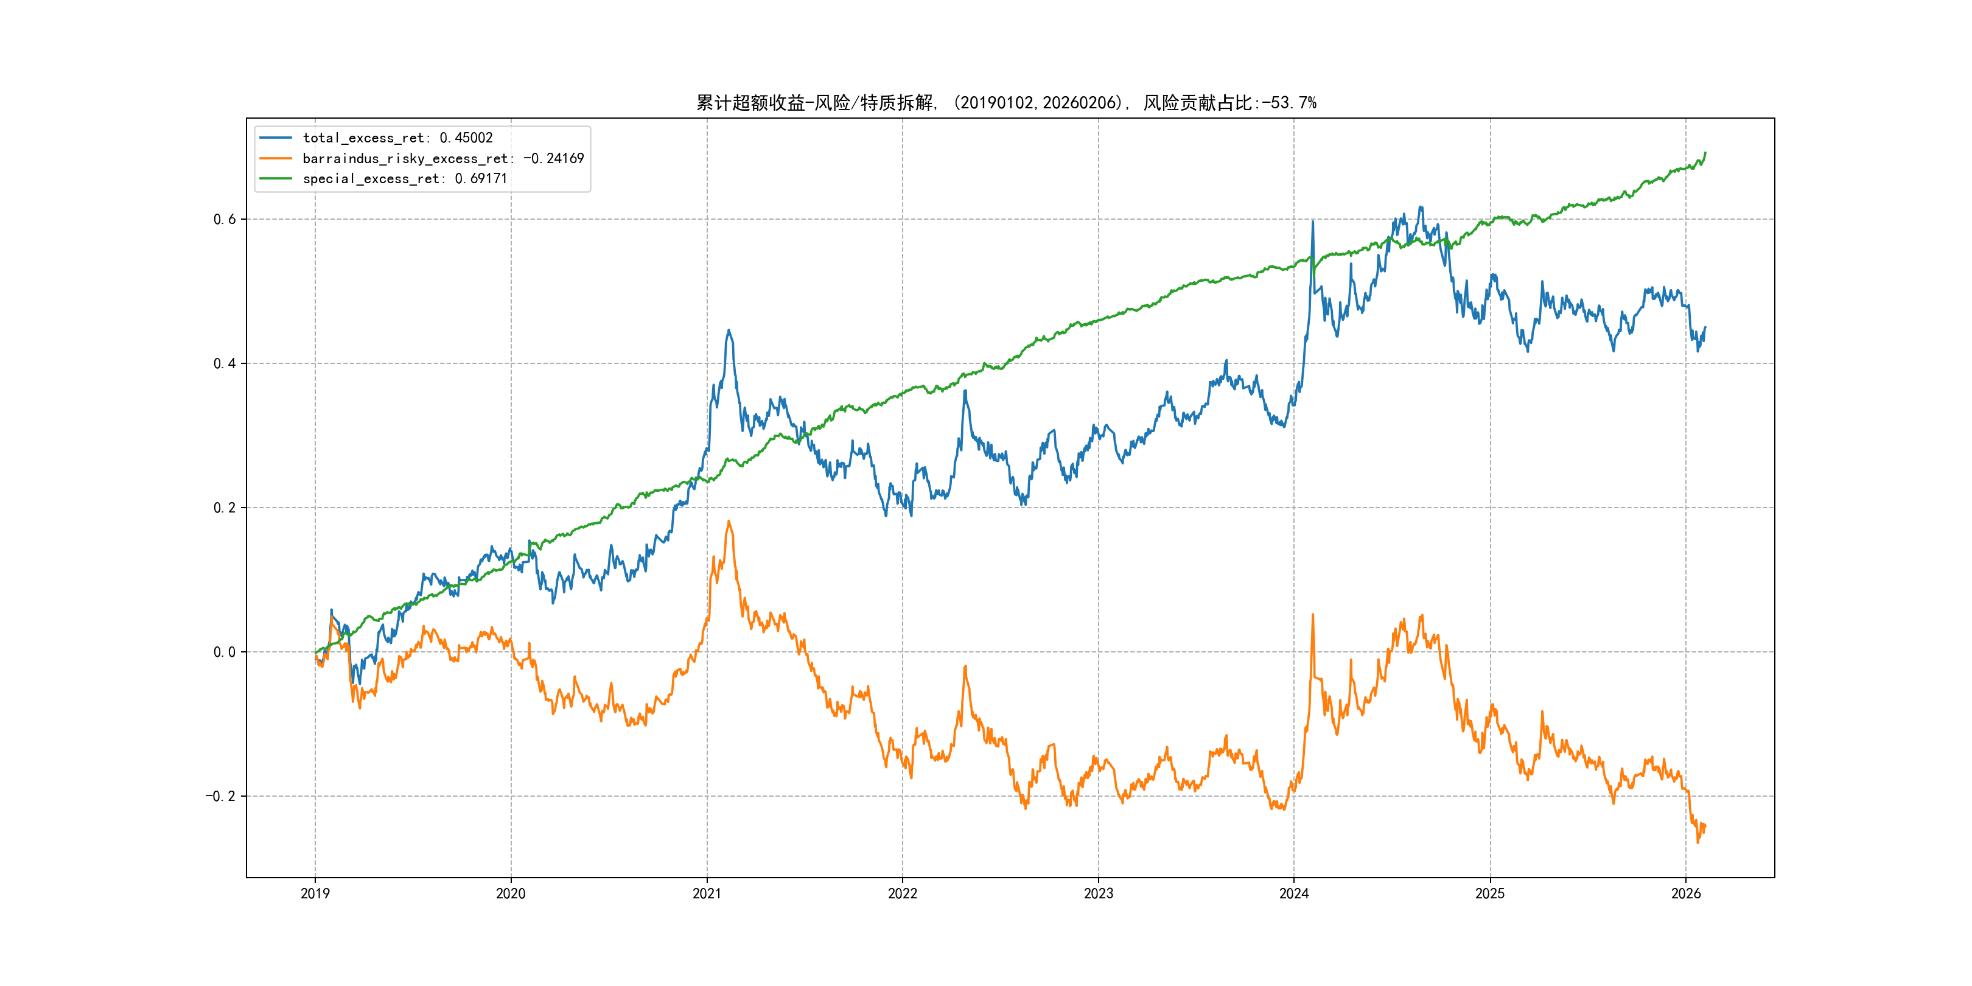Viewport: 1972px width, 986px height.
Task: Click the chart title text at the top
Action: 1006,103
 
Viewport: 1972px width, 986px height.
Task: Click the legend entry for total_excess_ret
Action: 397,138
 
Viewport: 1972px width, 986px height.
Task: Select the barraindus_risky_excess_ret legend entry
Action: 442,158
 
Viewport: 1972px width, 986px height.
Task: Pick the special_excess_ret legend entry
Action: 404,178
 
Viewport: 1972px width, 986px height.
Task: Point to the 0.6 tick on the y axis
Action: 225,219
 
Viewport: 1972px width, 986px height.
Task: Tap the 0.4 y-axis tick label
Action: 225,363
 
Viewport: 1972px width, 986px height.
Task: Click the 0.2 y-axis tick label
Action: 225,508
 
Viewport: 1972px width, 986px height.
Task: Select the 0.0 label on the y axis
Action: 225,652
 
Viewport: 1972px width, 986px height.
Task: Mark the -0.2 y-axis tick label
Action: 220,796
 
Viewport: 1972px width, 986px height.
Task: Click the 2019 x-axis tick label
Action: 315,893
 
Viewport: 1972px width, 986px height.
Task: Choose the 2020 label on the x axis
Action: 511,893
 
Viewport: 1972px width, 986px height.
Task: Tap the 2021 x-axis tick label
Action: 707,893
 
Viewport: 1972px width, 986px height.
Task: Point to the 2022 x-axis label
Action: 903,893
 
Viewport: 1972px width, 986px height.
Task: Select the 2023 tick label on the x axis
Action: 1099,893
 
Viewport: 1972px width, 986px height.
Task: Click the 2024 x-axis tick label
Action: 1294,893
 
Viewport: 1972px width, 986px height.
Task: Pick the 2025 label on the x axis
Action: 1490,893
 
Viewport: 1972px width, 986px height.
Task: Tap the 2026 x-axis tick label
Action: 1686,893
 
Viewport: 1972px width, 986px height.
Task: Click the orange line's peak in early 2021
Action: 729,522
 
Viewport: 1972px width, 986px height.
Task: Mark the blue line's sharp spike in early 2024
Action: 1313,222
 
